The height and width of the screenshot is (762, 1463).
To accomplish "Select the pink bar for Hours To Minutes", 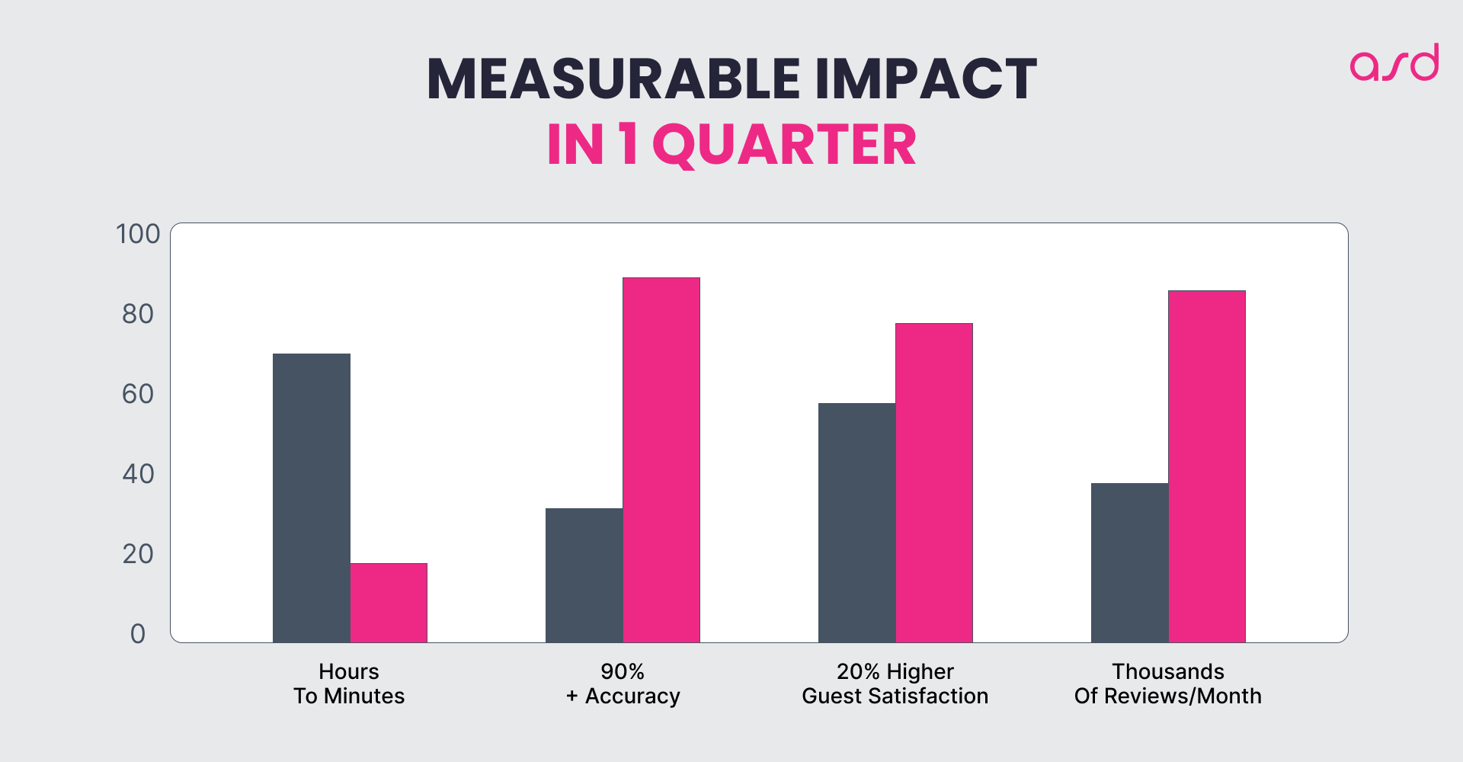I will pyautogui.click(x=389, y=603).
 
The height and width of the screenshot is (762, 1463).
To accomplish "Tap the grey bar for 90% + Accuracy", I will pyautogui.click(x=584, y=575).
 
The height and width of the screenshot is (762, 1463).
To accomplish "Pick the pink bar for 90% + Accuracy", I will pyautogui.click(x=661, y=460).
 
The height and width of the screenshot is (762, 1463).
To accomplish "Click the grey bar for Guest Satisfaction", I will pyautogui.click(x=856, y=523).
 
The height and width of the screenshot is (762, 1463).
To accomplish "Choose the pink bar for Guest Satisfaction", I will pyautogui.click(x=933, y=483).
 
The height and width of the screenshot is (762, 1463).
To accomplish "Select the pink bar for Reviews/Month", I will pyautogui.click(x=1206, y=466).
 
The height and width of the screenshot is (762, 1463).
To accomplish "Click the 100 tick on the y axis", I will pyautogui.click(x=138, y=234).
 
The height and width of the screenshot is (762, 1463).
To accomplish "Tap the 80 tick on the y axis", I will pyautogui.click(x=138, y=314).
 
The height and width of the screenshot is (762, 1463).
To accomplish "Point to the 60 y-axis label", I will pyautogui.click(x=138, y=394).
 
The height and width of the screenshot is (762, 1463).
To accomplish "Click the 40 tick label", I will pyautogui.click(x=138, y=474).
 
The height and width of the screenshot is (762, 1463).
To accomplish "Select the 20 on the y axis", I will pyautogui.click(x=138, y=554).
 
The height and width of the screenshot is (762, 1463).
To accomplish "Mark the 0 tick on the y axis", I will pyautogui.click(x=138, y=634).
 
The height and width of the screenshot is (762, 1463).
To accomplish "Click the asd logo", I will pyautogui.click(x=1394, y=62).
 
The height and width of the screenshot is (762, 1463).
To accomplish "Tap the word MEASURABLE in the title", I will pyautogui.click(x=613, y=78).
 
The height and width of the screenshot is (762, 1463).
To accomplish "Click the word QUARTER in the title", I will pyautogui.click(x=784, y=145).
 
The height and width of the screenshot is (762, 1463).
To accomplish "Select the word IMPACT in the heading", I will pyautogui.click(x=925, y=78).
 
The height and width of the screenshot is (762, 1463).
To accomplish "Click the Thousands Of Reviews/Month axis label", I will pyautogui.click(x=1167, y=684).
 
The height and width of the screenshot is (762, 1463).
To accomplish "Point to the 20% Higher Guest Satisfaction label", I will pyautogui.click(x=895, y=684).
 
